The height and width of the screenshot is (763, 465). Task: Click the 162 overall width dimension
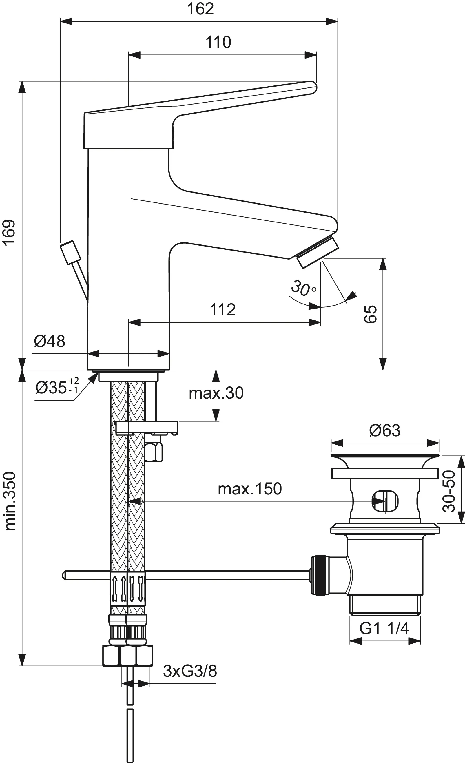coord(200,9)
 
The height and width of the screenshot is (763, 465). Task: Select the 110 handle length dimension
coord(218,42)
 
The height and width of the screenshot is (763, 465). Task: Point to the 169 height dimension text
coord(9,233)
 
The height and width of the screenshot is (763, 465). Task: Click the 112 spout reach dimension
coord(223,309)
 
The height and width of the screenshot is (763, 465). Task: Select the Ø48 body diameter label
coord(50,341)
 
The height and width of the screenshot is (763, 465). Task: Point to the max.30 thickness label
coord(216,393)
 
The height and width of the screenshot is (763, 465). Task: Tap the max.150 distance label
coord(250,489)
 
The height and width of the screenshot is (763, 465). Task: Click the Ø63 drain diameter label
coord(385,430)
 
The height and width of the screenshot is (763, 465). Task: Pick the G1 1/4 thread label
coord(384,628)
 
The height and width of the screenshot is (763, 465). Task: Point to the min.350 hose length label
coord(10,501)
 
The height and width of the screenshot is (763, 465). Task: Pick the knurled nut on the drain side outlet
coord(319,575)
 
